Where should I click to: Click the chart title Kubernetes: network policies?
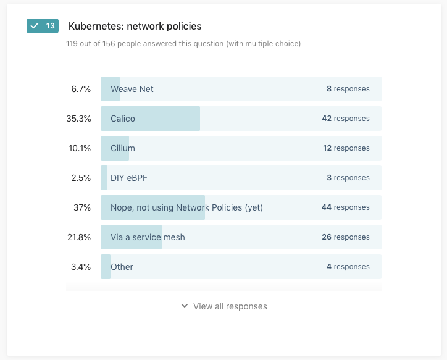(135, 27)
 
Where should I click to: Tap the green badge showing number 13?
(43, 26)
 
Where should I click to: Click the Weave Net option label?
(132, 89)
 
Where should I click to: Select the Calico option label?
(123, 119)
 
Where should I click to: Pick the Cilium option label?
(123, 148)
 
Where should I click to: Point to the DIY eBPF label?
(129, 178)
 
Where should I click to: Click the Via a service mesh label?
(148, 237)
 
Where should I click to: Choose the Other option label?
(122, 267)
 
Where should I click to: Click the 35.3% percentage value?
(78, 119)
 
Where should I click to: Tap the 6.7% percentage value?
(81, 89)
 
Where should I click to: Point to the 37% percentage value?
(82, 207)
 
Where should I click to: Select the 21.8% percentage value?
(79, 237)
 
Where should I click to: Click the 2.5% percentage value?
(81, 178)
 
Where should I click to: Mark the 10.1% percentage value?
(80, 148)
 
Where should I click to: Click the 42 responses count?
(345, 119)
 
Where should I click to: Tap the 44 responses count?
(345, 207)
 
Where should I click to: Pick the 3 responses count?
(348, 178)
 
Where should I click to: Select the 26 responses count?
(345, 237)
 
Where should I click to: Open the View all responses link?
(224, 306)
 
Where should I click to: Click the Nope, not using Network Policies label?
(186, 207)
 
